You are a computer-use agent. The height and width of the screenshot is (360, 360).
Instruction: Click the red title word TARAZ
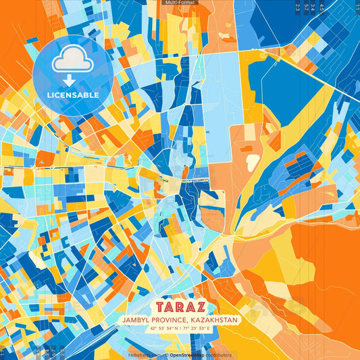180,306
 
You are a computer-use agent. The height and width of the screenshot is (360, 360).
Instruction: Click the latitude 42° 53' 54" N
161,328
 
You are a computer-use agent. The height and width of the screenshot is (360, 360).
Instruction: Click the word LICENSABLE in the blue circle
72,95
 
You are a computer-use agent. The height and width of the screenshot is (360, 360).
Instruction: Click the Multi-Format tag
180,3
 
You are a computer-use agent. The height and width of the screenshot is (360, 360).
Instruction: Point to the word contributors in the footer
220,355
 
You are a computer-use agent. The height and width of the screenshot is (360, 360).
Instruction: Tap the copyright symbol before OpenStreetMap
166,355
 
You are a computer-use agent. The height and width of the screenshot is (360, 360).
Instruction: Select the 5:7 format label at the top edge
309,7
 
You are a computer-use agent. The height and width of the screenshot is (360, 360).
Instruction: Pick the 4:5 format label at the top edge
322,7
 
